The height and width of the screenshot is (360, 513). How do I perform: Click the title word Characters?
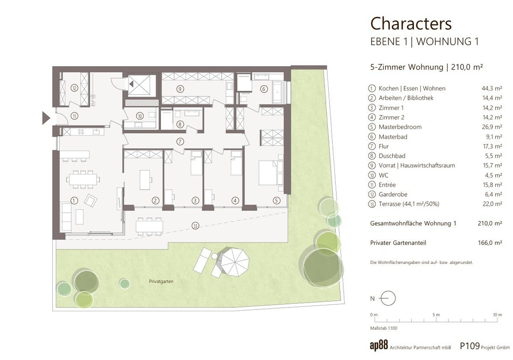[411, 24]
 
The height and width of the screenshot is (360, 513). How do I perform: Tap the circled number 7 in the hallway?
[180, 142]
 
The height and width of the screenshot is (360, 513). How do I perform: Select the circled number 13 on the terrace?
[195, 226]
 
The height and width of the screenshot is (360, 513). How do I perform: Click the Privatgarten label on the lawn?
[161, 282]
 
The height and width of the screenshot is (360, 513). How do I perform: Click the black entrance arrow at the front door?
[46, 118]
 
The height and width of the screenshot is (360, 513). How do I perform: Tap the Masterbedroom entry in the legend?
[400, 127]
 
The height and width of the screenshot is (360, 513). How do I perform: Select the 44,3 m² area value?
[492, 88]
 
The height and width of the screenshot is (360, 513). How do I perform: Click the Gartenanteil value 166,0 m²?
[490, 243]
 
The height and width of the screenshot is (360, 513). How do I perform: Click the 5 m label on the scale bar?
[436, 314]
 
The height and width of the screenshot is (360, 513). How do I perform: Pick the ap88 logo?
[379, 346]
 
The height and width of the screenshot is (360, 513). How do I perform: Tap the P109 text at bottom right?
[470, 346]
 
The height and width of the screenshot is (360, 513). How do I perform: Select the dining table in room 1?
[83, 179]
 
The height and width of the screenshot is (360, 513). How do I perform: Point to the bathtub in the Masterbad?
[279, 88]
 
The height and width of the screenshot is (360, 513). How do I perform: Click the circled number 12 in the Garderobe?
[75, 88]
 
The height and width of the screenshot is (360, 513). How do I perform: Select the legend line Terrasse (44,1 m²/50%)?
[409, 204]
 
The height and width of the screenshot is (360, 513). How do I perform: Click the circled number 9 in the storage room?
[180, 89]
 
